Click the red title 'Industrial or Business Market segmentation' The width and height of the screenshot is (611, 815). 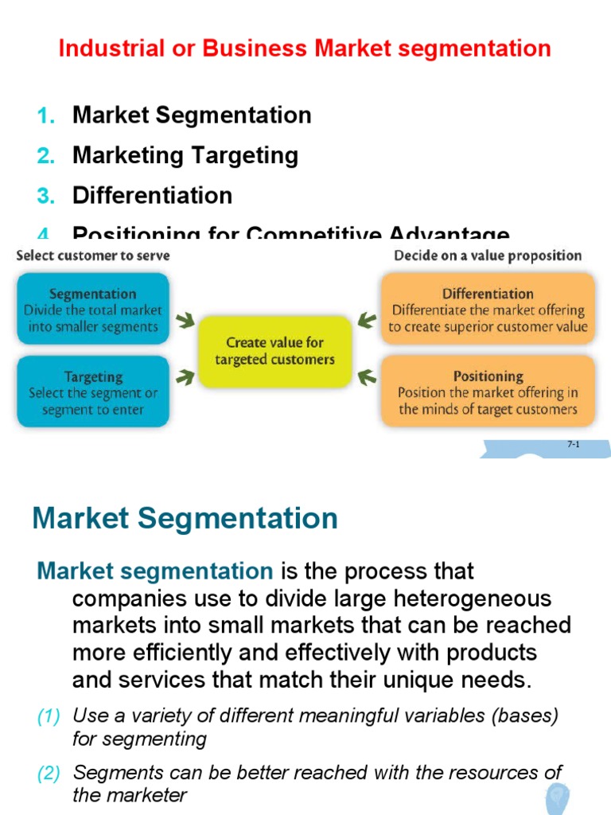pyautogui.click(x=305, y=48)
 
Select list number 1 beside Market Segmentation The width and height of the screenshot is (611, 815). pyautogui.click(x=46, y=115)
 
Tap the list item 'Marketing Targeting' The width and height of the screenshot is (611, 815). pyautogui.click(x=185, y=155)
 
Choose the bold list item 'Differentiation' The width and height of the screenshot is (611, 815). pyautogui.click(x=152, y=196)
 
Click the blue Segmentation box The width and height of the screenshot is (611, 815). pyautogui.click(x=92, y=309)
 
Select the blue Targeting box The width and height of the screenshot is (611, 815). pyautogui.click(x=92, y=392)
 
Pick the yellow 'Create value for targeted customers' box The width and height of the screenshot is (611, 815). pyautogui.click(x=274, y=351)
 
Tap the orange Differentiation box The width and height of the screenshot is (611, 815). pyautogui.click(x=488, y=310)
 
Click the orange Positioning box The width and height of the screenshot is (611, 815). pyautogui.click(x=488, y=392)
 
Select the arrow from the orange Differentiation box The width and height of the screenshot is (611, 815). pyautogui.click(x=367, y=321)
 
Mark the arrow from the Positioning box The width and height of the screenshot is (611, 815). pyautogui.click(x=367, y=376)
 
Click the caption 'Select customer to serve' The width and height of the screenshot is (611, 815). pyautogui.click(x=92, y=256)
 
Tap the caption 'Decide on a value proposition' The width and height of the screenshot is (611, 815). pyautogui.click(x=488, y=256)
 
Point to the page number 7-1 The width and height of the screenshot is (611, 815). pyautogui.click(x=573, y=445)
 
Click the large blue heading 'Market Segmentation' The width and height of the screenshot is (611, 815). pyautogui.click(x=185, y=519)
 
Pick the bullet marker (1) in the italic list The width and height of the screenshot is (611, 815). pyautogui.click(x=49, y=716)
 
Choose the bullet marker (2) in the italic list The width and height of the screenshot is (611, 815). pyautogui.click(x=49, y=773)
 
